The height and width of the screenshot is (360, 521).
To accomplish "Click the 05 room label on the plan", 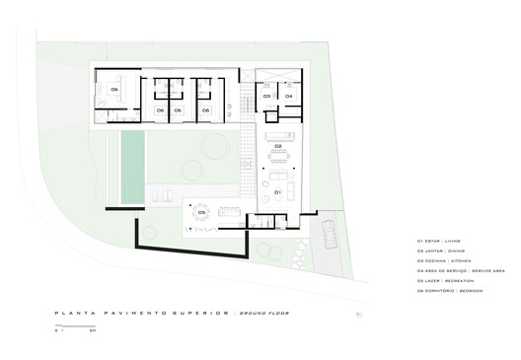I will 201,211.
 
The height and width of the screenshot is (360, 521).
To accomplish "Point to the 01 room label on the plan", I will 278,191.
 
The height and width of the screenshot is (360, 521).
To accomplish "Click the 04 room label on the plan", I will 289,96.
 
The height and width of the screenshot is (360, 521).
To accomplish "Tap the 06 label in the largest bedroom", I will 114,89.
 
